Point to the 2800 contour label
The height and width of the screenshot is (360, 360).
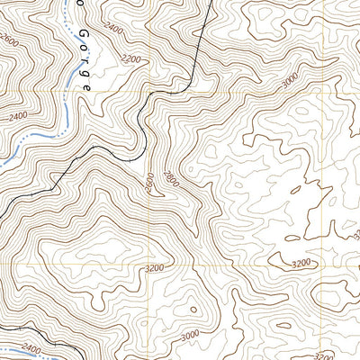click(172, 185)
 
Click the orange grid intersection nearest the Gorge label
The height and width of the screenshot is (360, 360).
click(148, 92)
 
